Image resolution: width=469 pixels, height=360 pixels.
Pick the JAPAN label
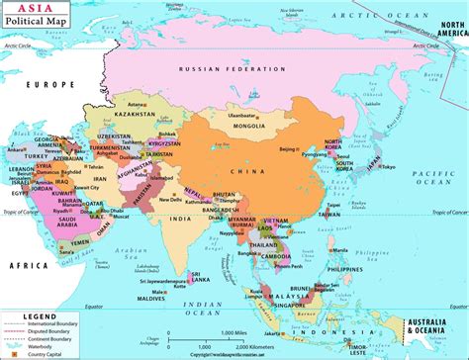(372, 161)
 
